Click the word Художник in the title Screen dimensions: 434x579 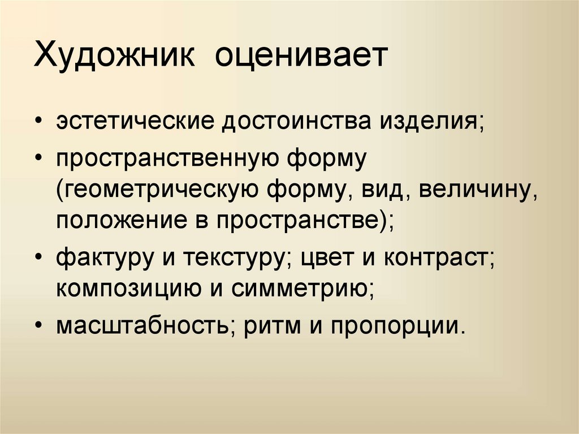click(x=115, y=57)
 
